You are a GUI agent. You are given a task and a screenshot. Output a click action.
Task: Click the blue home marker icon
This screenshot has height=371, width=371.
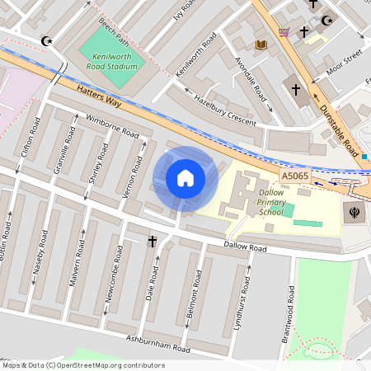[185, 178]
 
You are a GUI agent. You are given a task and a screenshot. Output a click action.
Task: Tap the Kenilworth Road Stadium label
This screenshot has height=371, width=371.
[111, 59]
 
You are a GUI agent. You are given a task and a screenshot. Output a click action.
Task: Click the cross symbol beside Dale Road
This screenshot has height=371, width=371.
[152, 242]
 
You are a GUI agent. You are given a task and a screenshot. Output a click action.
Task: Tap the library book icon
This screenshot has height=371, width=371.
[261, 45]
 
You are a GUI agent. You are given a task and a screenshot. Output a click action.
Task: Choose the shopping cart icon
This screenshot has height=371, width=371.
[284, 32]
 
